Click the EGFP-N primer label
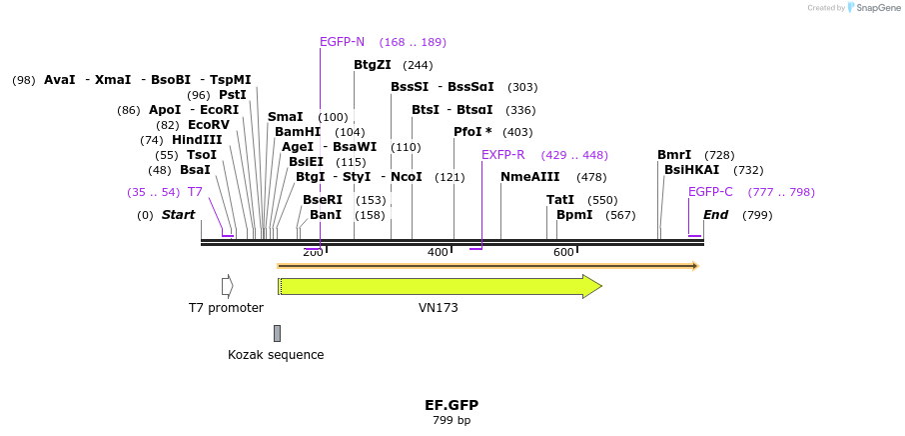pyautogui.click(x=342, y=42)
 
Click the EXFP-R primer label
pyautogui.click(x=502, y=155)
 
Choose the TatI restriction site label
pyautogui.click(x=560, y=200)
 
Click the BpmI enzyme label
pyautogui.click(x=574, y=215)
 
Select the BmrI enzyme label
pyautogui.click(x=674, y=155)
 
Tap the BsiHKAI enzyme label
pyautogui.click(x=691, y=170)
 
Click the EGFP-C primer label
pyautogui.click(x=710, y=192)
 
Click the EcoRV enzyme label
pyautogui.click(x=209, y=125)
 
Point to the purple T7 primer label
pyautogui.click(x=195, y=192)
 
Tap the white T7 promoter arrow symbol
pyautogui.click(x=228, y=287)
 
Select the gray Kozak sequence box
pyautogui.click(x=277, y=333)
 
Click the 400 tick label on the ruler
pyautogui.click(x=438, y=252)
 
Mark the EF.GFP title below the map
pyautogui.click(x=452, y=405)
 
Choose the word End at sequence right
pyautogui.click(x=715, y=215)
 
